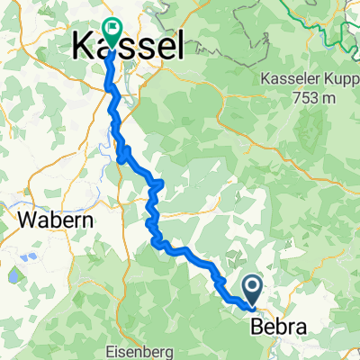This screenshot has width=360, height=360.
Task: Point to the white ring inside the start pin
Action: (x=252, y=287)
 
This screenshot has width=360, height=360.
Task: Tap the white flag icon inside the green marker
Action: (x=113, y=28)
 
